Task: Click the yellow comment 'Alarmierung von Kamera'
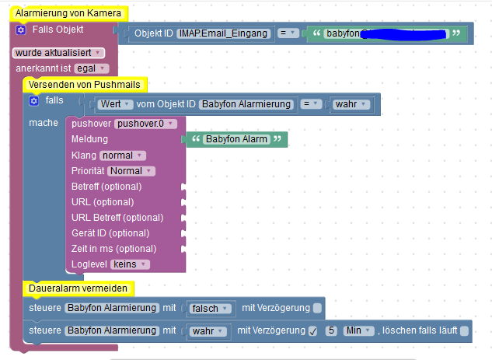click(68, 13)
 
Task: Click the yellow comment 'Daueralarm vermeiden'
click(78, 288)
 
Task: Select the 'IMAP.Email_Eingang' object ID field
click(224, 33)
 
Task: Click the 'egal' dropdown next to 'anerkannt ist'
click(92, 68)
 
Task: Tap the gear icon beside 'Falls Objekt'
click(21, 30)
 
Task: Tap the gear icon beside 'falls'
click(33, 101)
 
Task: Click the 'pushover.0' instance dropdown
click(146, 124)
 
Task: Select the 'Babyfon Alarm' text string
click(236, 139)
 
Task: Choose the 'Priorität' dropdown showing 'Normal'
click(131, 171)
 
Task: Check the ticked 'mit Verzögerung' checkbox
click(312, 331)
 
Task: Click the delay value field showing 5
click(331, 331)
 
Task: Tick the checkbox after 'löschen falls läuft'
click(464, 331)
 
